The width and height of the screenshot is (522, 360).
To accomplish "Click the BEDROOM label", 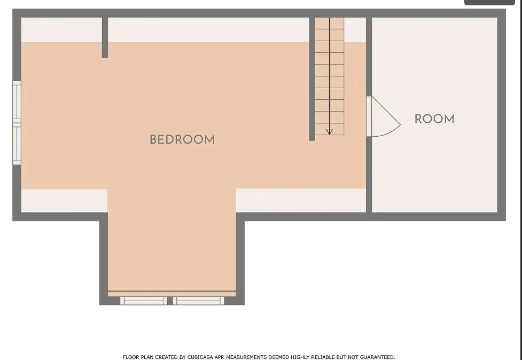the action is (x=182, y=140).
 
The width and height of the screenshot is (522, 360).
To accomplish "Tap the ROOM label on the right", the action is (x=434, y=119).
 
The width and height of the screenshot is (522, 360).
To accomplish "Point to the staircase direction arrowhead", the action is (x=329, y=132).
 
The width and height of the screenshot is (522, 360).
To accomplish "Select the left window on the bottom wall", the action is (x=144, y=301).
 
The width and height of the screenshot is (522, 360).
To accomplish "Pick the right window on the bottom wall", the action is (x=198, y=301).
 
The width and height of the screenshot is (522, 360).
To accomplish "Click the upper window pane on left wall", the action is (x=17, y=101).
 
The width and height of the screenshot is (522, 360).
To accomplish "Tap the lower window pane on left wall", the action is (x=17, y=143).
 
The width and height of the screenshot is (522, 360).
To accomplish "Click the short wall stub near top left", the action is (x=105, y=37).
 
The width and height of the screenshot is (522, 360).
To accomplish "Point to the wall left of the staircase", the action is (x=312, y=79).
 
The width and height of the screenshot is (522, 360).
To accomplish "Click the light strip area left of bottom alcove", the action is (x=64, y=201).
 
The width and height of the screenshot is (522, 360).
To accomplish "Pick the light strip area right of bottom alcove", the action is (x=301, y=200).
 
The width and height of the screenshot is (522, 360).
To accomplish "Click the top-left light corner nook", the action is (x=61, y=29).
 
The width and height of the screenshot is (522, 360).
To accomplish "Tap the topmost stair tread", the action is (x=329, y=24).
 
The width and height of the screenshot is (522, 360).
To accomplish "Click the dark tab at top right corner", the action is (x=489, y=2).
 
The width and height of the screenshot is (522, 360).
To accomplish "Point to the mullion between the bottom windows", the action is (x=170, y=301).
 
